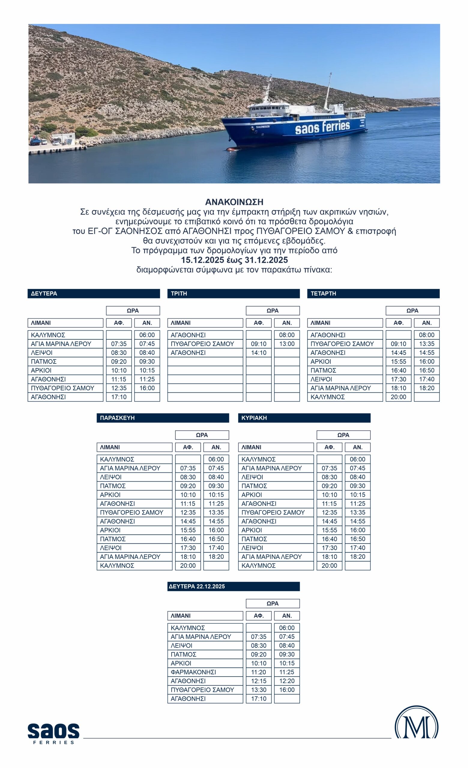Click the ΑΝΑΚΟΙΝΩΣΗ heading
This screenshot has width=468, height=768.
click(x=234, y=202)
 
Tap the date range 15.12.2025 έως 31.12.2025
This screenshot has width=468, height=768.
click(x=234, y=260)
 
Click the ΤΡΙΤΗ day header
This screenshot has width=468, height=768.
click(x=233, y=293)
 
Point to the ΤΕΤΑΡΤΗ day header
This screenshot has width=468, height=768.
click(x=373, y=293)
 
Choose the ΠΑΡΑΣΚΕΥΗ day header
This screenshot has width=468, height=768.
click(x=163, y=418)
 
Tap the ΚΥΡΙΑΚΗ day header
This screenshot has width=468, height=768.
click(x=304, y=418)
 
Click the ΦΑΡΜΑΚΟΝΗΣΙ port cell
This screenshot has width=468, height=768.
click(x=205, y=672)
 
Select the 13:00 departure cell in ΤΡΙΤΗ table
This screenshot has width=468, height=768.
click(x=287, y=344)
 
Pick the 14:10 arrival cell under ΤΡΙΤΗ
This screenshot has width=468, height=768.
click(x=258, y=352)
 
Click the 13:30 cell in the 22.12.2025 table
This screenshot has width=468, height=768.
click(x=258, y=690)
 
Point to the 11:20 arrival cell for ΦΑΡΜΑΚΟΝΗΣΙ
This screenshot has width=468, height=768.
click(x=258, y=672)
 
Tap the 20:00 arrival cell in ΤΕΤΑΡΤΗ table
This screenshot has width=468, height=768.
click(x=398, y=397)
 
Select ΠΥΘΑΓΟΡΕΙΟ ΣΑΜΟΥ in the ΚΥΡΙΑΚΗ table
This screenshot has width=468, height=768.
click(x=276, y=512)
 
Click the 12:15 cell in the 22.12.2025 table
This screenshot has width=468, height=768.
click(x=258, y=681)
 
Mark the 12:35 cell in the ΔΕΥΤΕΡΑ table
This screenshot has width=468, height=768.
click(x=119, y=388)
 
